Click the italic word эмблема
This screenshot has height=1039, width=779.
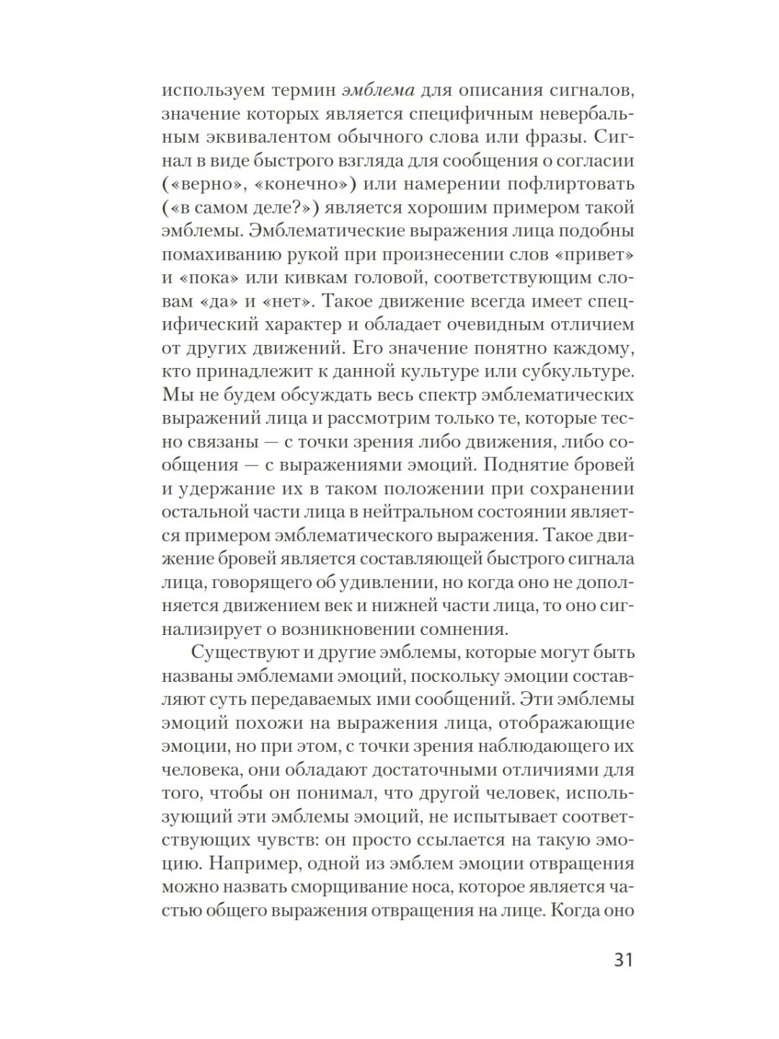(378, 90)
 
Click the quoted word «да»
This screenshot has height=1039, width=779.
(219, 301)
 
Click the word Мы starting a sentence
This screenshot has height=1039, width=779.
(175, 395)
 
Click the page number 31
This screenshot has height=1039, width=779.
(622, 960)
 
